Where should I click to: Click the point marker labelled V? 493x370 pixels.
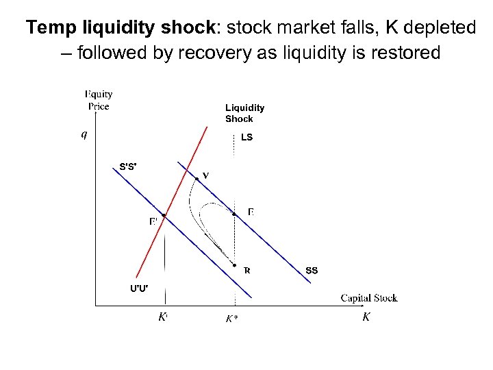point(197,179)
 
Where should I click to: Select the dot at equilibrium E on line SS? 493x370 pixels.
point(234,214)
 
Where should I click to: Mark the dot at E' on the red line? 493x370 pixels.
point(164,216)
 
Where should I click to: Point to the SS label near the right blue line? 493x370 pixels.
point(312,271)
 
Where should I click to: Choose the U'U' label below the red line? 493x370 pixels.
point(139,287)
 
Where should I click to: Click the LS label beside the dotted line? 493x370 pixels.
point(246,137)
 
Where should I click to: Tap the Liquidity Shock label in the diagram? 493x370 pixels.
point(244,113)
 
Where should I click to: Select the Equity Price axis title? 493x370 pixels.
point(99,100)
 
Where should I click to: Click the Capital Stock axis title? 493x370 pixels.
point(369,297)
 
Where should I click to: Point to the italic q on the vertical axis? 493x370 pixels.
point(84,134)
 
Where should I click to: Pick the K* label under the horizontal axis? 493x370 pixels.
point(233,319)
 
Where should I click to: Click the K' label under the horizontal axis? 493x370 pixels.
point(163,317)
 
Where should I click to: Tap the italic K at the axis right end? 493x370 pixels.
point(366,317)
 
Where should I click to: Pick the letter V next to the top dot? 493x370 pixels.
point(205,175)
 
